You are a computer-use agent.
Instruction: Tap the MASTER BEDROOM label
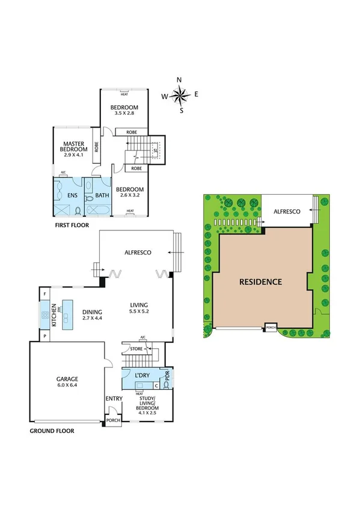pyautogui.click(x=76, y=147)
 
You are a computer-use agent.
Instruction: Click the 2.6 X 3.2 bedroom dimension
pyautogui.click(x=130, y=195)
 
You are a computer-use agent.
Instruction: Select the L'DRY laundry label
pyautogui.click(x=142, y=375)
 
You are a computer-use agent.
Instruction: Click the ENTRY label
pyautogui.click(x=114, y=398)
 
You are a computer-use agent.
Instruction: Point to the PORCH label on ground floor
pyautogui.click(x=114, y=420)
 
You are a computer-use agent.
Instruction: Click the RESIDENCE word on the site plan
pyautogui.click(x=260, y=281)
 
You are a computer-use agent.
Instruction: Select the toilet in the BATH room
pyautogui.click(x=90, y=197)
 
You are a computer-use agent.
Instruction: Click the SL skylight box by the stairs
pyautogui.click(x=155, y=150)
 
